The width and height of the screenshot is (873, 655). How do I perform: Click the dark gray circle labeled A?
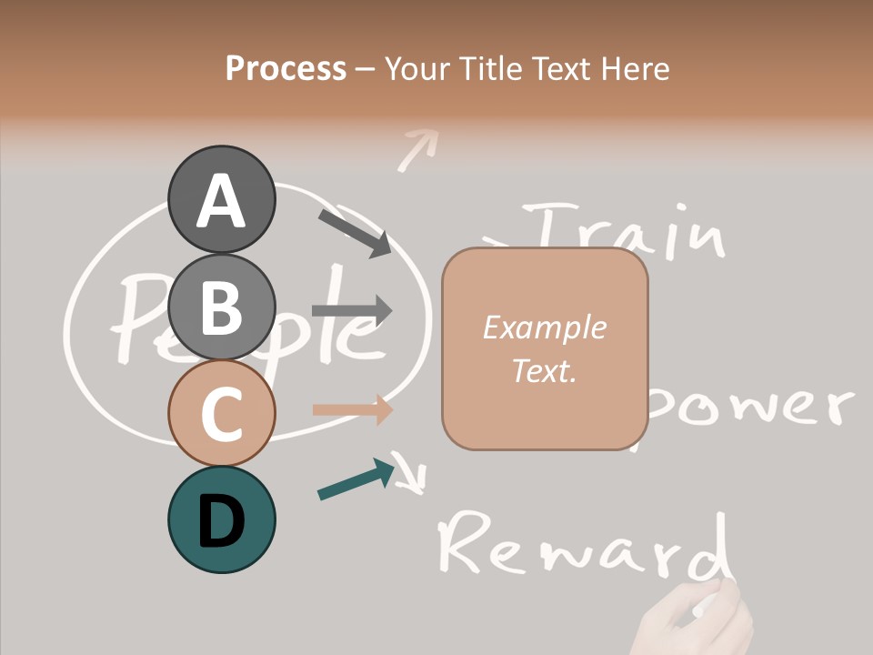(x=221, y=200)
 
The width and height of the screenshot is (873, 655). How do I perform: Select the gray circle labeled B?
(x=221, y=307)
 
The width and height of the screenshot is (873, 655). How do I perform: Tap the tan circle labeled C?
(x=221, y=413)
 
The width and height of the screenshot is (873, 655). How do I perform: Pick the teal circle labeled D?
(x=221, y=519)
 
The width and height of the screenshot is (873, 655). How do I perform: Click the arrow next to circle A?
(x=354, y=232)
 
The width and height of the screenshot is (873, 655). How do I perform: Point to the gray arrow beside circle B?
(x=351, y=310)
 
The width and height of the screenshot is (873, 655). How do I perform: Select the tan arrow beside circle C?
(x=352, y=409)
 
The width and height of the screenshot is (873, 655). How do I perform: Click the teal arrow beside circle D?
(x=355, y=480)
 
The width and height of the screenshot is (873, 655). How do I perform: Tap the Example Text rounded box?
(x=545, y=349)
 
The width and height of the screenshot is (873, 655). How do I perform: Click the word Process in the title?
(x=286, y=68)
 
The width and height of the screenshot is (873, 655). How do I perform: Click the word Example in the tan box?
(x=544, y=327)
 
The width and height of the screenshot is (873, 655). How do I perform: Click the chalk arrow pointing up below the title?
(x=416, y=147)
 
